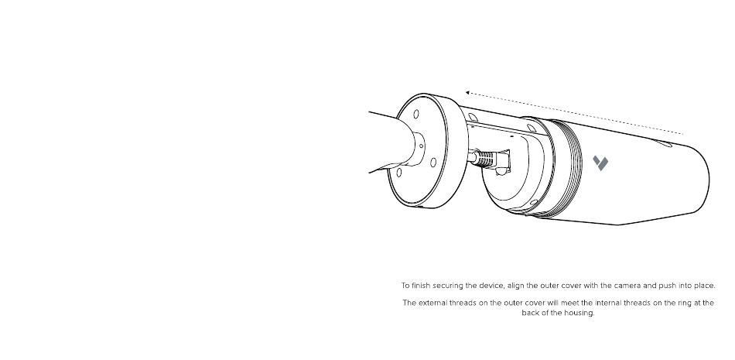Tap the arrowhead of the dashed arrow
(x=466, y=93)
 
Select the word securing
(x=455, y=285)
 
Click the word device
(x=498, y=285)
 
